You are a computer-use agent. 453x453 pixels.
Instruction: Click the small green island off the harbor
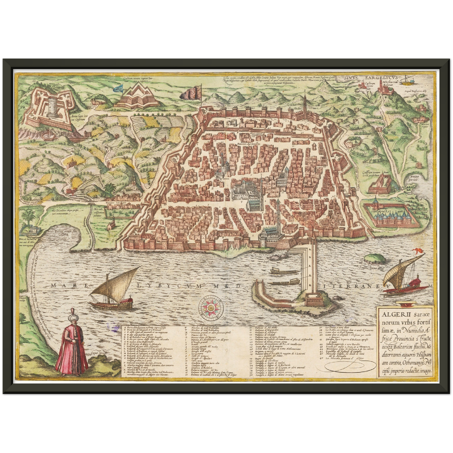376,258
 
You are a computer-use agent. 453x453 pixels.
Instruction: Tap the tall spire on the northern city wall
304,103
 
